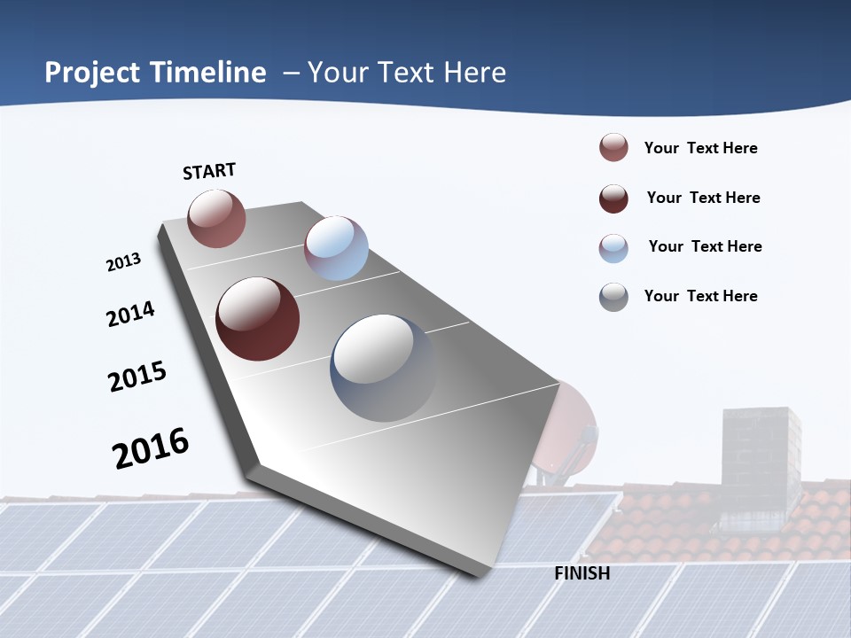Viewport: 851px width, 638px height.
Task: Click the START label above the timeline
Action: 209,171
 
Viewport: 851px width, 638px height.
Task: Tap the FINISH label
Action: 582,573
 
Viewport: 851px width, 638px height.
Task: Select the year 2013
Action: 124,262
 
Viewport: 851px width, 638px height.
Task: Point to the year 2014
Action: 131,314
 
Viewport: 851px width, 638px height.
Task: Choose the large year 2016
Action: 151,448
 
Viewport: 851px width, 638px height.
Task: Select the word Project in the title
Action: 93,73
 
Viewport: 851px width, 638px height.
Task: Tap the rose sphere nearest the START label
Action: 216,218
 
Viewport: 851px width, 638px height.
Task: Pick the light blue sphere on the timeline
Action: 336,248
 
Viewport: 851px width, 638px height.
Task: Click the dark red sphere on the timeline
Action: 258,319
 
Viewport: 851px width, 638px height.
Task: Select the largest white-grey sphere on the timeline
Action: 384,368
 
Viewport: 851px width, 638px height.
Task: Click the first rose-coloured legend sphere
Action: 613,148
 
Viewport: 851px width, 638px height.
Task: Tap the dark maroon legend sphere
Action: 613,198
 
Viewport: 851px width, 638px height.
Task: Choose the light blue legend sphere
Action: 613,248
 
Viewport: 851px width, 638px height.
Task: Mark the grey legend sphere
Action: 613,297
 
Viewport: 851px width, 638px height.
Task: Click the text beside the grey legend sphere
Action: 700,296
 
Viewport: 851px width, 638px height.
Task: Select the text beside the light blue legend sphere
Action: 705,246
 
